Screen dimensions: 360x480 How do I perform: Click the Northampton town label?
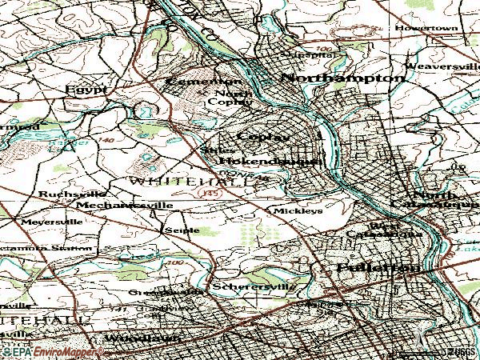coord(342,78)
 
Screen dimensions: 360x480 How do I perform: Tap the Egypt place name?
coord(87,90)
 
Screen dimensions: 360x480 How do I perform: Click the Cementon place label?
coord(203,82)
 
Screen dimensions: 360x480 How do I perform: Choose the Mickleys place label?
coord(298,211)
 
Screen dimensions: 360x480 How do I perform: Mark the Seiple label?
coord(176,229)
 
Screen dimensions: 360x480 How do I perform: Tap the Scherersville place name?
coord(254,286)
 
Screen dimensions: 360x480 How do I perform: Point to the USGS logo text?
coord(461,350)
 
